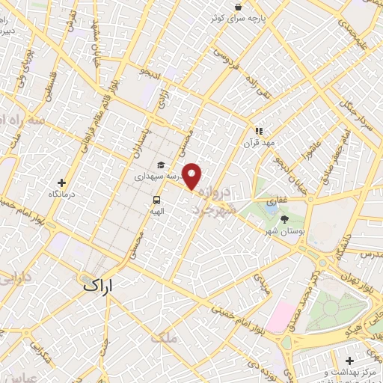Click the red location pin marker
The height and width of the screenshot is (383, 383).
pyautogui.click(x=192, y=176)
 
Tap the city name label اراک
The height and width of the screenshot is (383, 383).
pyautogui.click(x=99, y=284)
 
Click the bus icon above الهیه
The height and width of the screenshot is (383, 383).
pyautogui.click(x=157, y=200)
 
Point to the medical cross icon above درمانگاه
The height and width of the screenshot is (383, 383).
pyautogui.click(x=61, y=183)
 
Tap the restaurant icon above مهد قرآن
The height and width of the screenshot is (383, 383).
pyautogui.click(x=259, y=130)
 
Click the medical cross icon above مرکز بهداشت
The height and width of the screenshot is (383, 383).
pyautogui.click(x=370, y=361)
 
